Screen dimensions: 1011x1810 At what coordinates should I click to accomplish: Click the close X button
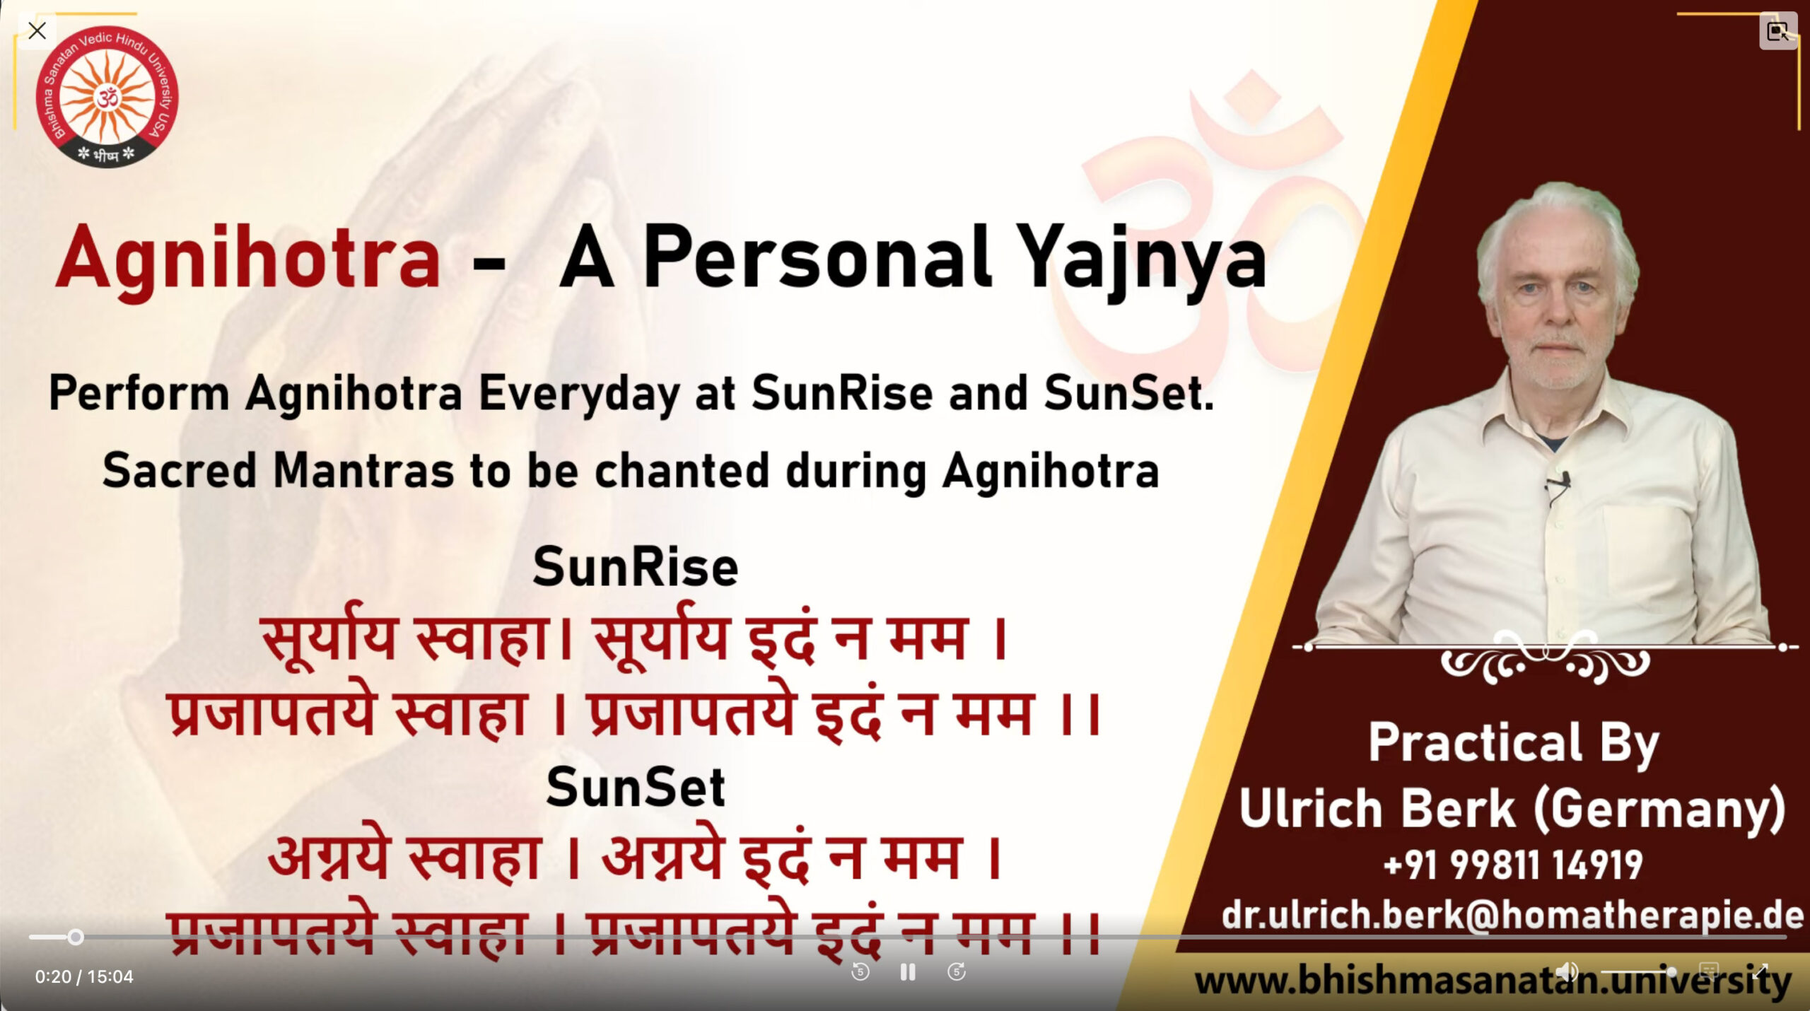(37, 31)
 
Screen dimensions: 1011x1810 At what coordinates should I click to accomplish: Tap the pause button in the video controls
(908, 972)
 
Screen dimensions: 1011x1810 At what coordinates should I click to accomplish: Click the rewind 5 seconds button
(860, 972)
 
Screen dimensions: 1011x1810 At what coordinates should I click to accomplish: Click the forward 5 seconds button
(956, 972)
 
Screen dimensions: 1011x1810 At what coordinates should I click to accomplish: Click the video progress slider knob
(76, 937)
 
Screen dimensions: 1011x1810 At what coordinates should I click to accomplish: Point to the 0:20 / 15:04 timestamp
(84, 976)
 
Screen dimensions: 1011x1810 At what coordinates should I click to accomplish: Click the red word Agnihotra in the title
(247, 258)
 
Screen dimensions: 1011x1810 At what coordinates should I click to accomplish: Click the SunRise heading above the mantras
(635, 567)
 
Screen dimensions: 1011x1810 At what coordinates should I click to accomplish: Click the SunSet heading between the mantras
(635, 787)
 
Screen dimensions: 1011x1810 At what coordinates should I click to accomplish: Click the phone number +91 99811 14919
(1513, 865)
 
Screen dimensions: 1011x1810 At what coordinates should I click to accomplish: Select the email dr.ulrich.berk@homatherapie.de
(1513, 915)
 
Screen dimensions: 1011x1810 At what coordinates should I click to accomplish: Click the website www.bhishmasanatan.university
(1492, 981)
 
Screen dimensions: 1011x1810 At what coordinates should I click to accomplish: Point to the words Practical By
(1513, 742)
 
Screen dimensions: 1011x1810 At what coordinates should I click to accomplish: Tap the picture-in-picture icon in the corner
(1777, 31)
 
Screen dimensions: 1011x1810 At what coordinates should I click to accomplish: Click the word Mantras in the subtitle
(363, 471)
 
